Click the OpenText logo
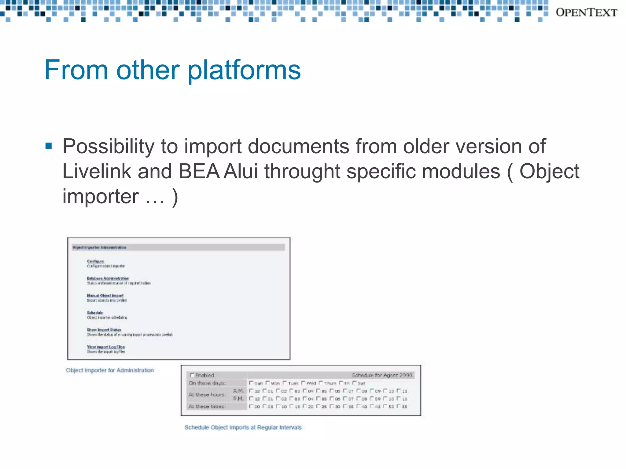tap(586, 13)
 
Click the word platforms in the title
tap(244, 70)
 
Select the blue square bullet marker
tap(49, 145)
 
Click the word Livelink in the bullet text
tap(97, 171)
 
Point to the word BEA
tap(199, 171)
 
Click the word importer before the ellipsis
tap(101, 196)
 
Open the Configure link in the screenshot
tap(95, 261)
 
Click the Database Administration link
tap(108, 278)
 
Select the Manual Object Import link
tap(105, 295)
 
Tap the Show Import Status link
tap(104, 330)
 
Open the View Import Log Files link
tap(106, 347)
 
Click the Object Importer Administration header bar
tap(178, 247)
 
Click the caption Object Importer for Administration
tap(110, 370)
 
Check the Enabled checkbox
tap(192, 375)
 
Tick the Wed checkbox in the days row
tap(303, 383)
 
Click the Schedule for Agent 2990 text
tap(382, 375)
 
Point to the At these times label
tap(207, 406)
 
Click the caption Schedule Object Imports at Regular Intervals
tap(243, 427)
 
